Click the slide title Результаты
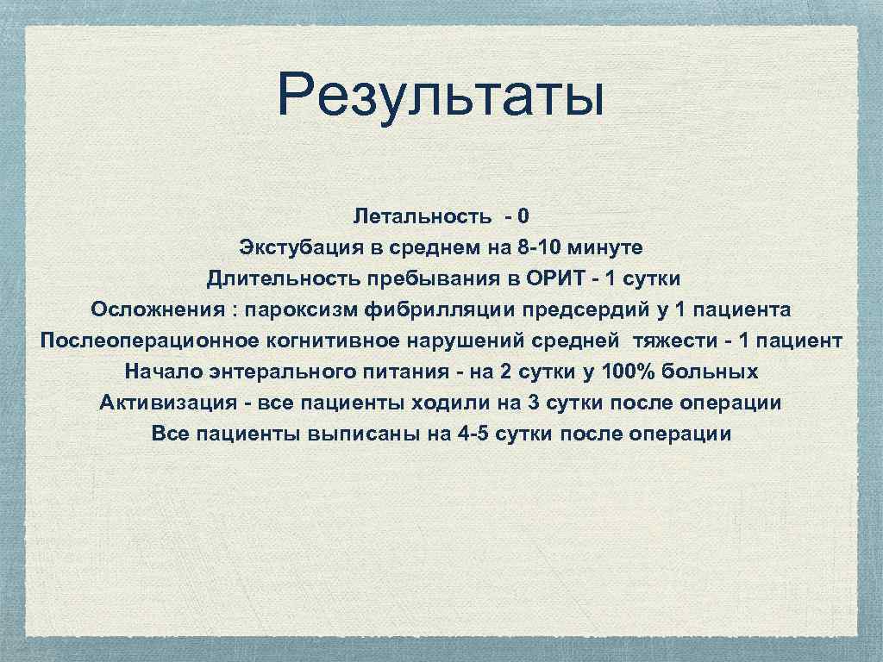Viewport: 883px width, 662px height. click(x=441, y=97)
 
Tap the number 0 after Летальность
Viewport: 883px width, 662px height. click(x=524, y=216)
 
